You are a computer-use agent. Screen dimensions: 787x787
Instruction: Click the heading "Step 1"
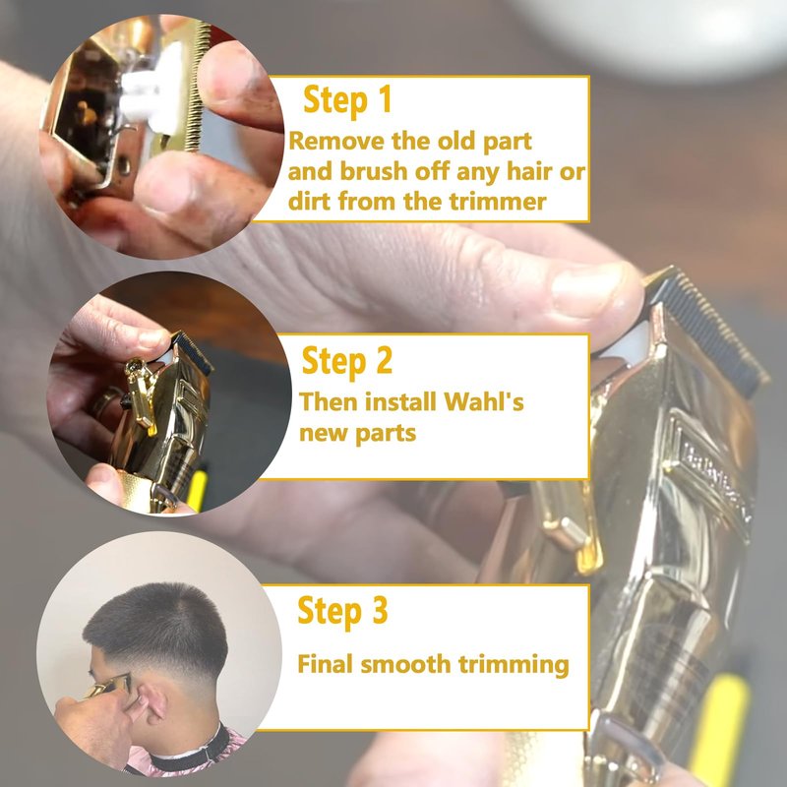click(347, 100)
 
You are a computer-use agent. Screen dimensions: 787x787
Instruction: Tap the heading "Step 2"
click(347, 361)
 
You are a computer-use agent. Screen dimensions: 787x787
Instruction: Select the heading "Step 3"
click(342, 611)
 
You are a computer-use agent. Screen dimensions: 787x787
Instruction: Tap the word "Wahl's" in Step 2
click(484, 402)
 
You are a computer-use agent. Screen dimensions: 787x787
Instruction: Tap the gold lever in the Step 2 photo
click(141, 394)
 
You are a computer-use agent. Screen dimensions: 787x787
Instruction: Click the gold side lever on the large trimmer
click(568, 527)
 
